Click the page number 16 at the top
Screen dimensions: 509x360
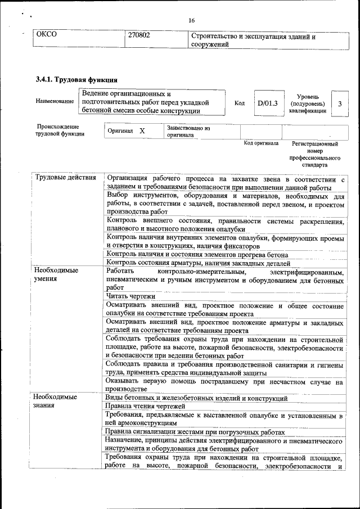[x=191, y=20]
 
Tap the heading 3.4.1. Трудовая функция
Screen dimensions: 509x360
[x=76, y=79]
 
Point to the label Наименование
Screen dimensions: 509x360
[x=55, y=102]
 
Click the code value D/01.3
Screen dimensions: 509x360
[x=267, y=103]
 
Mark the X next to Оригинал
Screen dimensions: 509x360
[x=142, y=131]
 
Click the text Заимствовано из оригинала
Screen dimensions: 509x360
[x=188, y=132]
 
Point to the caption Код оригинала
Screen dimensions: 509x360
[x=261, y=144]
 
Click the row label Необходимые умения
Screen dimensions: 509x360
[x=56, y=274]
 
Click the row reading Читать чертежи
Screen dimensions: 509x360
[x=130, y=296]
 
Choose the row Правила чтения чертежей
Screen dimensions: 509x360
[x=146, y=407]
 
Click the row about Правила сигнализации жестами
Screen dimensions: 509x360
[x=195, y=432]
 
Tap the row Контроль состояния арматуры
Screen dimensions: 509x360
[x=198, y=263]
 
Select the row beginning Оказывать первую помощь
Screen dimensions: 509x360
[x=224, y=385]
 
